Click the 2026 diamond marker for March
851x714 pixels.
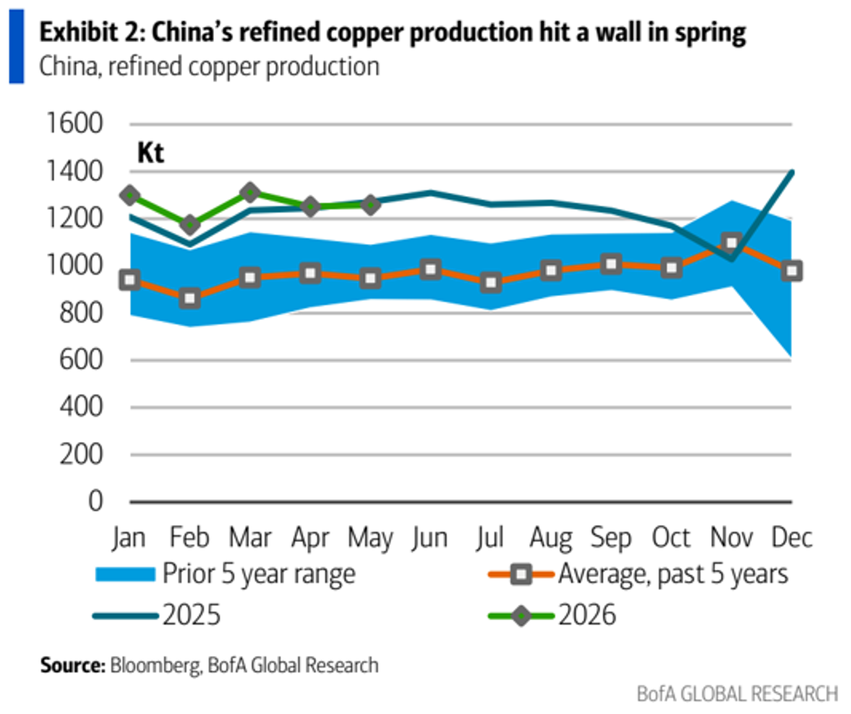(x=250, y=192)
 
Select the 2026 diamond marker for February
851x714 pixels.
(x=190, y=224)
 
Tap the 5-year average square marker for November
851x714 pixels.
(x=732, y=242)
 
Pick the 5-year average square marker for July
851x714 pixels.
(x=491, y=282)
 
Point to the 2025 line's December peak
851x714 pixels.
(x=792, y=172)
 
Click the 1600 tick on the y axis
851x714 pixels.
(x=74, y=123)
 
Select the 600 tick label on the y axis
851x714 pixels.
(x=81, y=360)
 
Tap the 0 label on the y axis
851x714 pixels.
(x=95, y=501)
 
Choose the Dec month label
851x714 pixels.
(x=792, y=537)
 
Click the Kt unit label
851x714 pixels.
(x=150, y=153)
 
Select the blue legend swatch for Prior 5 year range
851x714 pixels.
(x=125, y=574)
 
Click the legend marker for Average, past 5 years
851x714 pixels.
(x=521, y=574)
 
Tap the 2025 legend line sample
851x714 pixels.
(x=125, y=616)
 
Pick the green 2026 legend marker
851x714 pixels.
(x=521, y=616)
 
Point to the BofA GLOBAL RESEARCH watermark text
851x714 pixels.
(x=737, y=694)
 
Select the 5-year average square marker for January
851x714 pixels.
(x=130, y=280)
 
